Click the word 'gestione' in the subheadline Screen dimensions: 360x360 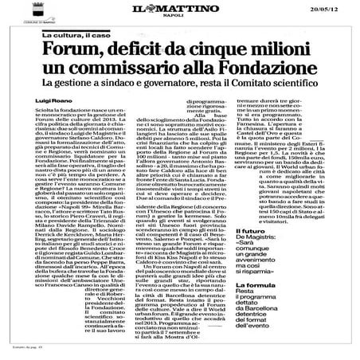[89, 86]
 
